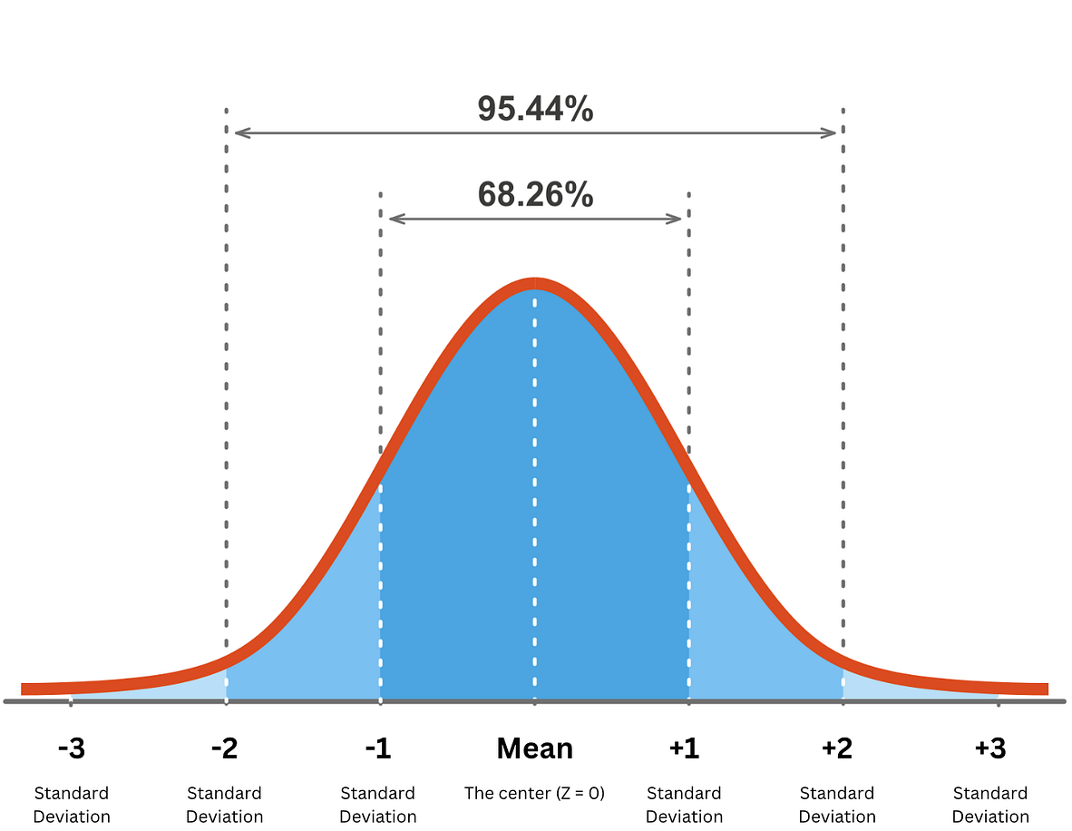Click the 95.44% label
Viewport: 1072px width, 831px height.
[535, 110]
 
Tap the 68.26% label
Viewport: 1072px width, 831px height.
[535, 194]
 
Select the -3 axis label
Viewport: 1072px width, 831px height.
[71, 749]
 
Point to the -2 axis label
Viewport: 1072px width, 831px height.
[224, 749]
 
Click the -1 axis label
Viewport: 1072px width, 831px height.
[377, 749]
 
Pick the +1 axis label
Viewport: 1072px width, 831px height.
[684, 749]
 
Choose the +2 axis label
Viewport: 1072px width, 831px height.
[836, 749]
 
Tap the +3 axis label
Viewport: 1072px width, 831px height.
[990, 749]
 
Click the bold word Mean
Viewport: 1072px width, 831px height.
[534, 749]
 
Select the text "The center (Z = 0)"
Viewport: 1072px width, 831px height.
[534, 793]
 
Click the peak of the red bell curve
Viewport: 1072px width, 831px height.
[534, 283]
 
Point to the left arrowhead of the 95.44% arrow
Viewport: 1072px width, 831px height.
[239, 132]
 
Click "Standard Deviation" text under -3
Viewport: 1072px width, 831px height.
[72, 805]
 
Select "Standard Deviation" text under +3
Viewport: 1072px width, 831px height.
[990, 805]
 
